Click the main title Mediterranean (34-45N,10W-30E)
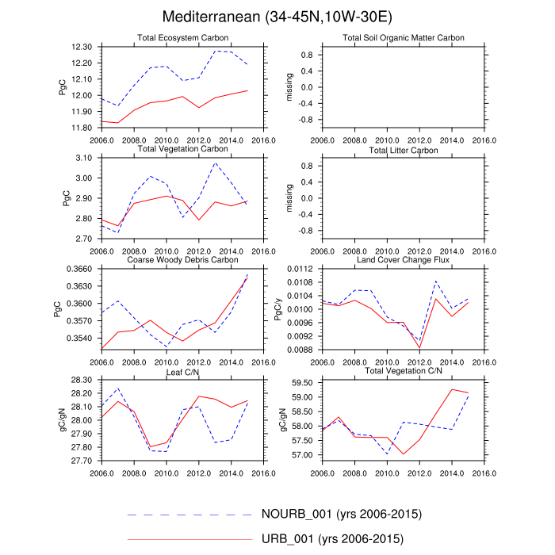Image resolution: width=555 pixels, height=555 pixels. point(277,17)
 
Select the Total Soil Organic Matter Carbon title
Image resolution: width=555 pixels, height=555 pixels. point(404,38)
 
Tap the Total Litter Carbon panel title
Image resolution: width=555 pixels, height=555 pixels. point(404,150)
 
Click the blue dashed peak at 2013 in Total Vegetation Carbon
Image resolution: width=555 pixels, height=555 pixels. point(215,163)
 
